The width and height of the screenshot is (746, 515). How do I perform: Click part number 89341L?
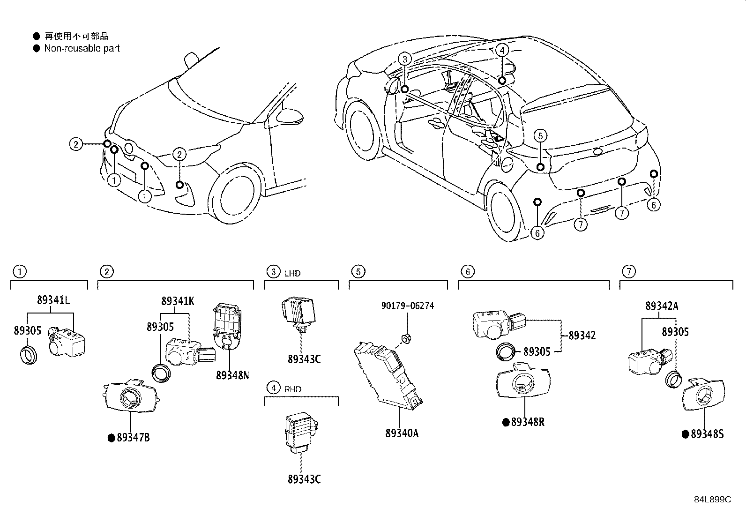[54, 301]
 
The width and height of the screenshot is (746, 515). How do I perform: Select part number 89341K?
[178, 301]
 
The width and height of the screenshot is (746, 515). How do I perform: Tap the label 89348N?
[232, 375]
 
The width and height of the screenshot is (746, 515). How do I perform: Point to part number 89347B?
[133, 438]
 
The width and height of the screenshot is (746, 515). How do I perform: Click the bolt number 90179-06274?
[407, 306]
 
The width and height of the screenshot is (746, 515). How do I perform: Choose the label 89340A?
[402, 433]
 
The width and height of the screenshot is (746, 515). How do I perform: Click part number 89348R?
[528, 422]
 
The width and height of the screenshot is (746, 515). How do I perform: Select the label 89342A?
[661, 306]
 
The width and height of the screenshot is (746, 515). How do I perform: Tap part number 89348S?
[707, 434]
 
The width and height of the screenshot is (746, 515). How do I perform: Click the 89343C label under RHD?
[304, 479]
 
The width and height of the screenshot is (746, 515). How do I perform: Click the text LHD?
[292, 273]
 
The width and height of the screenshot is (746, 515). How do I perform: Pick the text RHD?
[292, 389]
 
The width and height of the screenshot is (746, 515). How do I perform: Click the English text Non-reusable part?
[82, 48]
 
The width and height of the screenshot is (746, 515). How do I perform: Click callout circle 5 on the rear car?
[540, 136]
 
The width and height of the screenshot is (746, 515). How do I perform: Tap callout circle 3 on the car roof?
[405, 59]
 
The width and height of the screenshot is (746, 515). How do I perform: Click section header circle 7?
[628, 271]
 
